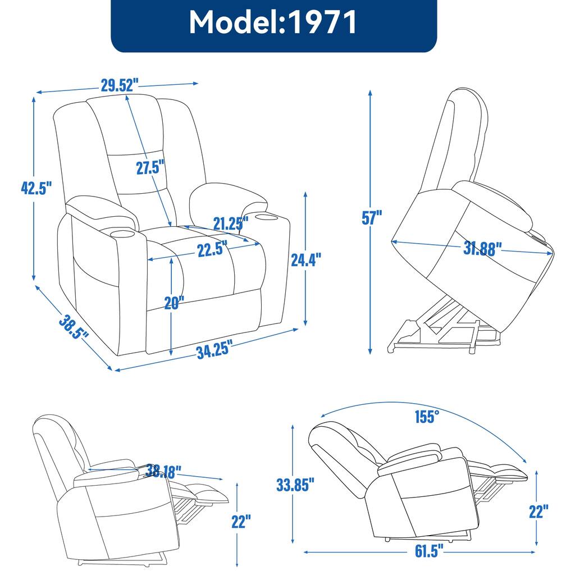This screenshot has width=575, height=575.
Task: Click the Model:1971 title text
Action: pos(273,23)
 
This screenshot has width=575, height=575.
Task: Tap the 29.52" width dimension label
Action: pos(120,85)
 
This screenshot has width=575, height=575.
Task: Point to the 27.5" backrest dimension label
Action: pos(150,167)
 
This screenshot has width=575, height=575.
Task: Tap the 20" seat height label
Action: pos(174,303)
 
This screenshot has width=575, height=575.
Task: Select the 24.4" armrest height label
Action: pos(306,259)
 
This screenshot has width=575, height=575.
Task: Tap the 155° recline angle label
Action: pos(427,417)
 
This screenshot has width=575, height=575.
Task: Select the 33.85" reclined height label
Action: pos(295,483)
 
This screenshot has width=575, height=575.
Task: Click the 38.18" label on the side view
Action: pos(163,470)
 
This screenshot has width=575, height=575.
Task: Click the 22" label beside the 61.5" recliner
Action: pos(537,512)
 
